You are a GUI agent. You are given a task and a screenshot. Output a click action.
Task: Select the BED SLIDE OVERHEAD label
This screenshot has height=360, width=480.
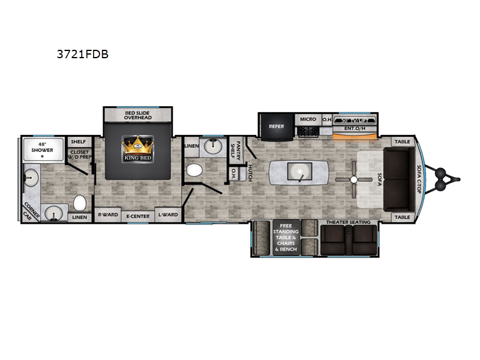(138, 115)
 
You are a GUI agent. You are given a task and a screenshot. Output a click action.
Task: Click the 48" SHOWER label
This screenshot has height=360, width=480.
(41, 146)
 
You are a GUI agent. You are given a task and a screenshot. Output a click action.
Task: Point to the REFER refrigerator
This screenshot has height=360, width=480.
(276, 127)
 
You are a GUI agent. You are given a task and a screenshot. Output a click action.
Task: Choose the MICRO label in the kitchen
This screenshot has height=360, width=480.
(308, 119)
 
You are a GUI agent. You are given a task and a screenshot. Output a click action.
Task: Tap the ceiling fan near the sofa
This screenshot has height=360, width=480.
(354, 179)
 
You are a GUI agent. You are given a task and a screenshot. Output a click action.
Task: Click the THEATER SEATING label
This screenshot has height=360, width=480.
(348, 223)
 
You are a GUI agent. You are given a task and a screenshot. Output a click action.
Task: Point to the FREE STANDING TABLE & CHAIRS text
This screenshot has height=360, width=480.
(286, 236)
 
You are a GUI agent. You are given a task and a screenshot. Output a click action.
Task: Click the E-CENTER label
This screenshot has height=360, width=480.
(137, 215)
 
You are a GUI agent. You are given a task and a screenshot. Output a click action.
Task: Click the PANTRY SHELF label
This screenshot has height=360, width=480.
(237, 148)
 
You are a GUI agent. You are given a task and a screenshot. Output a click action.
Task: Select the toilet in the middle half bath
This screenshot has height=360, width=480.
(193, 170)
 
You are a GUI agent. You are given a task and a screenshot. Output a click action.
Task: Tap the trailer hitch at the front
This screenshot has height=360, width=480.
(450, 178)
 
